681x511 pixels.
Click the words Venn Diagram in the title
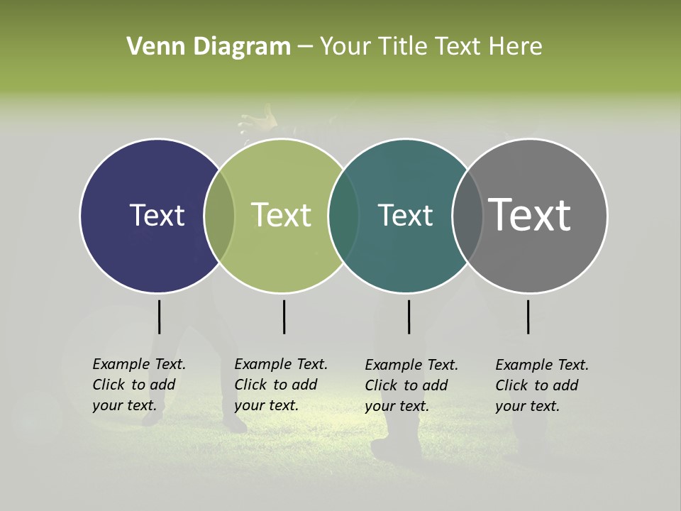click(x=209, y=47)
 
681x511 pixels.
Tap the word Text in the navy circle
click(x=157, y=215)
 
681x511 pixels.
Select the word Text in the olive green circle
click(x=282, y=215)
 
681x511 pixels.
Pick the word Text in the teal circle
click(x=405, y=215)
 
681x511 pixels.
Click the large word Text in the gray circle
click(x=530, y=215)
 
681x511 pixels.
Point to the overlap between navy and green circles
click(x=219, y=215)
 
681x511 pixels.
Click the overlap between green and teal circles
click(x=343, y=215)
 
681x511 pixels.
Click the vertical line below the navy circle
click(x=159, y=317)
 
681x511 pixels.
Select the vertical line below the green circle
click(x=284, y=317)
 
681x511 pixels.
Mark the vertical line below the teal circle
click(x=409, y=317)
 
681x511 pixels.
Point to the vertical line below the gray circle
click(x=528, y=317)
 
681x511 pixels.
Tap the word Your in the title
click(x=345, y=47)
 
